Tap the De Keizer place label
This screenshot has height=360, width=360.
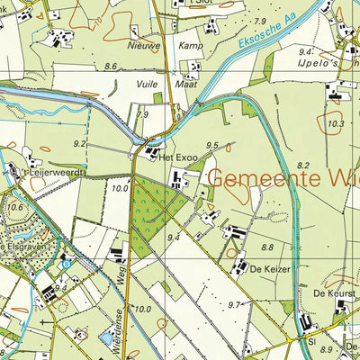point(267,268)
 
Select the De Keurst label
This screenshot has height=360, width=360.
point(330,293)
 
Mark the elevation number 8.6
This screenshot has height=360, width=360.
point(111,67)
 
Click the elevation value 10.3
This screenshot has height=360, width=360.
point(336,123)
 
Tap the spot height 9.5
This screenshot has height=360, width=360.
point(212,145)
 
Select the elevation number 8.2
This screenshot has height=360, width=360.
point(302,166)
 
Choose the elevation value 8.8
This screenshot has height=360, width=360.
point(266,247)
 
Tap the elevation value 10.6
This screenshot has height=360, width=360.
point(15,206)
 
